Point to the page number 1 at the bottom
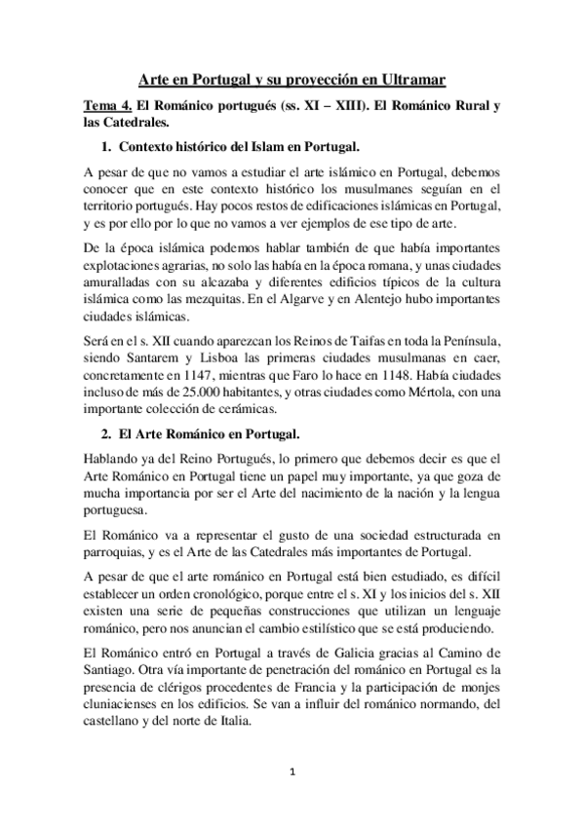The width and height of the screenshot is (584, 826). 292,773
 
